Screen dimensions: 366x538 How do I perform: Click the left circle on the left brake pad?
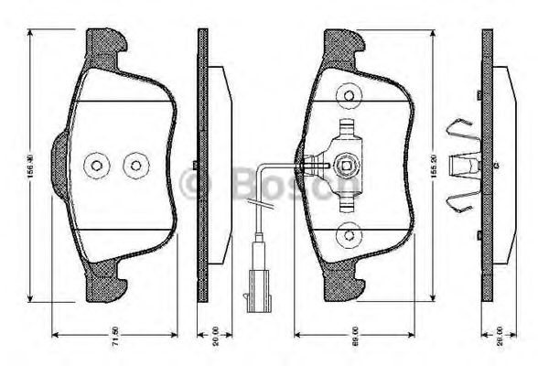point(96,165)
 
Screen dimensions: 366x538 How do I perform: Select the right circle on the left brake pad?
point(136,165)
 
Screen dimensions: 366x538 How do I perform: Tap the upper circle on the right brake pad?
point(348,94)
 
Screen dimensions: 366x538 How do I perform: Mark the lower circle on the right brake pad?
point(348,237)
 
